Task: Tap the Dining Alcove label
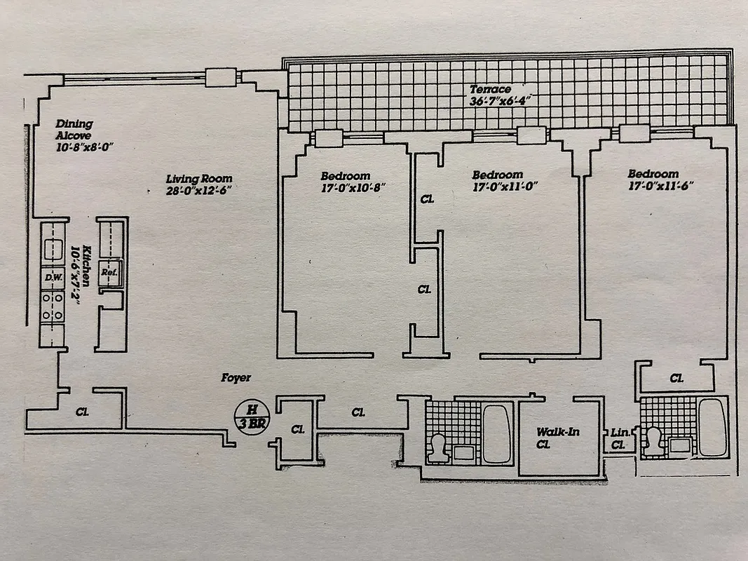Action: pos(74,129)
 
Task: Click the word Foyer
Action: pos(236,377)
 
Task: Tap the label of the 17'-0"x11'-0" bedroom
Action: pos(497,175)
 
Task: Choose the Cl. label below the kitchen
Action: pos(81,412)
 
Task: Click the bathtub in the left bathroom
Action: pos(496,433)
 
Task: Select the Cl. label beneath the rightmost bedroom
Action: pos(676,378)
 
